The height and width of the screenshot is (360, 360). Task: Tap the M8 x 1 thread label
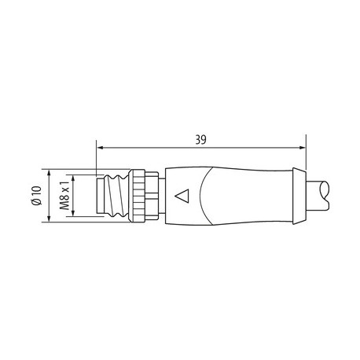[x=65, y=197]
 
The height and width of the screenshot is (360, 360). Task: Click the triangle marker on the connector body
[x=184, y=197]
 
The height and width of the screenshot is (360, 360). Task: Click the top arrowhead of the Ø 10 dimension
[x=49, y=172]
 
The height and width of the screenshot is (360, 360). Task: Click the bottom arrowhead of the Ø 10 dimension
[x=49, y=221]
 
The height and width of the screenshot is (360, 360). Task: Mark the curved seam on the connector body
[x=206, y=197]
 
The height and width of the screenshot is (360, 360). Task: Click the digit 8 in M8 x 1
[x=65, y=200]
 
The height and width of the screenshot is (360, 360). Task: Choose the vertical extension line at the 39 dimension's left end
[x=97, y=157]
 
